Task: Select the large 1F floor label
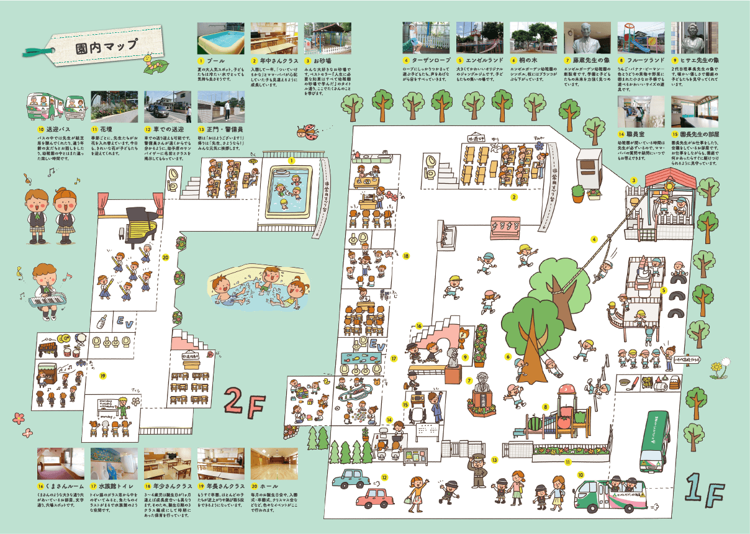(x=705, y=490)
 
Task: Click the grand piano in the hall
(x=135, y=221)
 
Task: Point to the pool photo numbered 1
(x=220, y=38)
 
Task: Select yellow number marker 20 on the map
(x=166, y=257)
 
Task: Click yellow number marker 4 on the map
(x=594, y=239)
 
